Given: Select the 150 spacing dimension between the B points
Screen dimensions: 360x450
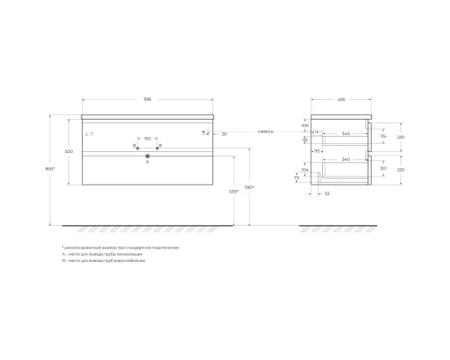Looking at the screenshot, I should coord(147,139).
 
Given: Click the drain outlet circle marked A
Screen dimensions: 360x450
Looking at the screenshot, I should coord(147,155).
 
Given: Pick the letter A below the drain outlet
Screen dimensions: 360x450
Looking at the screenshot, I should coord(147,162).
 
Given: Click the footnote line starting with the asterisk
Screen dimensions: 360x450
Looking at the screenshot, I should coord(121,247).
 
